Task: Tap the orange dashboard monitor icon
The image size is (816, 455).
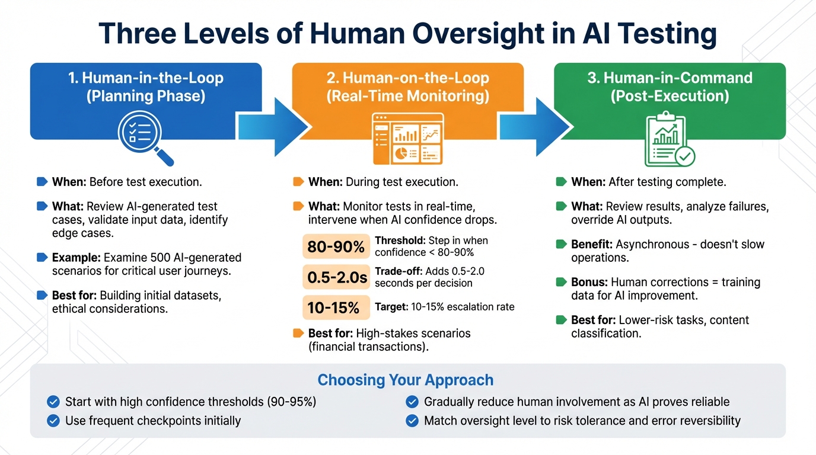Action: tap(407, 139)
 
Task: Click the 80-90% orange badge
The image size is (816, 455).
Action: tap(336, 246)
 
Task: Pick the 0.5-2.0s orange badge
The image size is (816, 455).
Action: tap(336, 277)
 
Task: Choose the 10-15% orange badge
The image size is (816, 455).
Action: tap(336, 307)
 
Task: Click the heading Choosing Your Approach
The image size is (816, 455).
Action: tap(406, 380)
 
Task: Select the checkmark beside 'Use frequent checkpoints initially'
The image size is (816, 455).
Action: tap(53, 421)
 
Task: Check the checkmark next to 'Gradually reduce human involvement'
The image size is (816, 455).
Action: tap(412, 402)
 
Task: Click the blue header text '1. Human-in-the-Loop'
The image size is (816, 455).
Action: tap(146, 78)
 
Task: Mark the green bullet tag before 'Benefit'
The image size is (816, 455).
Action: tap(561, 244)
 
